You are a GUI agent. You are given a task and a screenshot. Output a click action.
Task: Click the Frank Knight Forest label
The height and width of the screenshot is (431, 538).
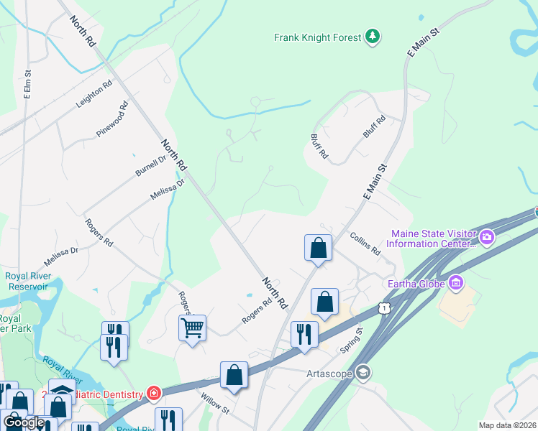tap(317, 37)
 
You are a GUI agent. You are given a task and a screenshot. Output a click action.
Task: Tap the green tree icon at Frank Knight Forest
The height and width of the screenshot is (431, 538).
tap(372, 37)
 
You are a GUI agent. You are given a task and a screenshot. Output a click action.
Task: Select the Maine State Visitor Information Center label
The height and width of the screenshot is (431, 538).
tap(432, 238)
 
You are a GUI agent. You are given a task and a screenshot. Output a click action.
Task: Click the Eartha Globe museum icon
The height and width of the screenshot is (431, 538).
tap(455, 282)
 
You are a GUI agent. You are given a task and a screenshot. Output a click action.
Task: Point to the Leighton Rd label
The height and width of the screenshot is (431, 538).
tap(94, 94)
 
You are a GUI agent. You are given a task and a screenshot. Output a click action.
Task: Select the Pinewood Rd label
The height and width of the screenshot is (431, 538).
tap(112, 119)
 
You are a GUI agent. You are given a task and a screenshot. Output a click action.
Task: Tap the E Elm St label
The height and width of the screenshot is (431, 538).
tap(27, 84)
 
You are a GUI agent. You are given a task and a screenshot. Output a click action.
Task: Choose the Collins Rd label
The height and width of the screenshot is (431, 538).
tap(365, 244)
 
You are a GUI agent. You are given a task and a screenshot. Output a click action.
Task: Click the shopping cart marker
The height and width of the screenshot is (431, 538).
tap(192, 328)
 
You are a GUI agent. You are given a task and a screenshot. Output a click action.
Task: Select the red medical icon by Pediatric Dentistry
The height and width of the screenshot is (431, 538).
tap(153, 393)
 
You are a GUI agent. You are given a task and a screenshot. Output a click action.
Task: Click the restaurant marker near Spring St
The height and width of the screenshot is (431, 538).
tap(304, 333)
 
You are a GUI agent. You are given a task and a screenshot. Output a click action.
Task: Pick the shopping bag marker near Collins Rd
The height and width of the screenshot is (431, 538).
tap(318, 248)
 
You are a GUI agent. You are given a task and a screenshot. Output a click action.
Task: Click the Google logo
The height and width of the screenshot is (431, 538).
tap(24, 422)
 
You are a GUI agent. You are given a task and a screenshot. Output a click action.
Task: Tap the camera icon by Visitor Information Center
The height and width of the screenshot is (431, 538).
tap(487, 236)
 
